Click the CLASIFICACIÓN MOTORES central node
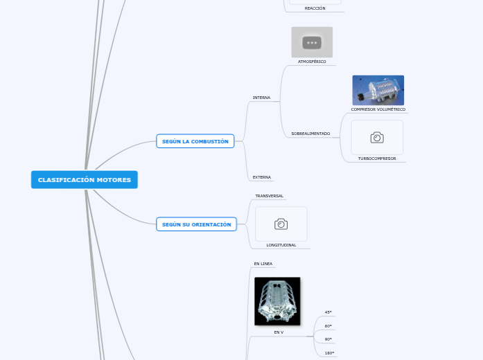tap(85, 180)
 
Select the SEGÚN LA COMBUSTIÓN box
tap(195, 141)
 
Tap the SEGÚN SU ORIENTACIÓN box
tap(196, 224)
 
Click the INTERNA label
tap(261, 98)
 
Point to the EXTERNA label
tap(261, 177)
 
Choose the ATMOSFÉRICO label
tap(312, 62)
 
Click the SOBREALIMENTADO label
tap(310, 133)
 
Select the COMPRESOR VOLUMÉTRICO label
tap(378, 109)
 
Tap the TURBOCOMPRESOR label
tap(377, 159)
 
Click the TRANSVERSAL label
tap(269, 196)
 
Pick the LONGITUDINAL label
tap(281, 245)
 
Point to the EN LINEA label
tap(263, 264)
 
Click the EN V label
tap(278, 332)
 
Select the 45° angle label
tap(328, 312)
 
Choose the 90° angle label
tap(328, 339)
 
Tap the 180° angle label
tap(329, 353)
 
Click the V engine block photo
tap(277, 301)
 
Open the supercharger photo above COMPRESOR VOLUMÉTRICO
tap(378, 90)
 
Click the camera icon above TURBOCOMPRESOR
tap(377, 138)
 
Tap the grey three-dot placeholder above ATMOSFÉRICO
tap(312, 42)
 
